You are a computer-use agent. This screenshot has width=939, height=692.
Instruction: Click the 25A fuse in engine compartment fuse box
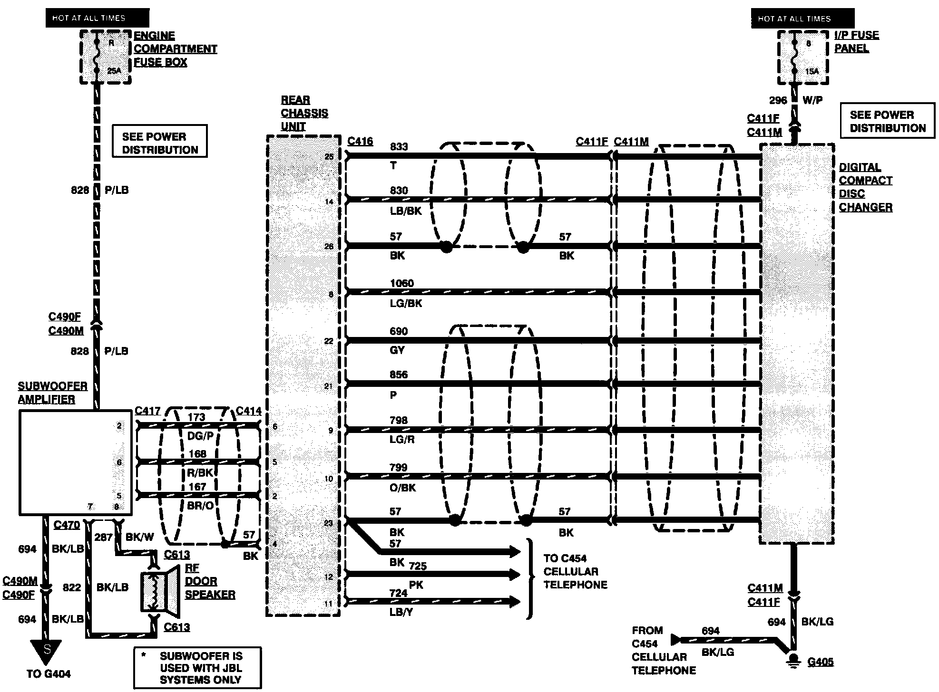pos(97,56)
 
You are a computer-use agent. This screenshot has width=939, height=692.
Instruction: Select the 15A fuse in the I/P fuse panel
pos(794,57)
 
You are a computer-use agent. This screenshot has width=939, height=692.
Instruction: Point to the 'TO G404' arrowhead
pos(46,652)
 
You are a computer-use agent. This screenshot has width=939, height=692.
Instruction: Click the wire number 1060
pos(401,283)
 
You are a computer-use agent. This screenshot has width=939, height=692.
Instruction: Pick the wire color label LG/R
pos(402,440)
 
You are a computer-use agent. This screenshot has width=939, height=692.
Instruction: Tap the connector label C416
pos(360,141)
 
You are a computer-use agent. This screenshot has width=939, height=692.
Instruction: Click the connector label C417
pos(147,411)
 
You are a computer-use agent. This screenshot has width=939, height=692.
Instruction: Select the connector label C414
pos(248,411)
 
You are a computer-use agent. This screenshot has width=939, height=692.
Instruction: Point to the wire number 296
pos(778,100)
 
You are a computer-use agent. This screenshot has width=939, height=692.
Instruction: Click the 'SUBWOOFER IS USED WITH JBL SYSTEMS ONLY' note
pos(198,667)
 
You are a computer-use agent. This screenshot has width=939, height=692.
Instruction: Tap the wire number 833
pos(399,146)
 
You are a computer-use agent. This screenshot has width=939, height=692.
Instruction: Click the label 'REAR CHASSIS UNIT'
pos(304,113)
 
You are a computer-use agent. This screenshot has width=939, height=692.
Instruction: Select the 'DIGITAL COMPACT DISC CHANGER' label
pos(865,187)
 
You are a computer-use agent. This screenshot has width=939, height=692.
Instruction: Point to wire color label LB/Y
pos(401,612)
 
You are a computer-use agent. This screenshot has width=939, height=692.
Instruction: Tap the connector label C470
pos(67,525)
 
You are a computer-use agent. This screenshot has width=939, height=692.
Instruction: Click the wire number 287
pos(103,537)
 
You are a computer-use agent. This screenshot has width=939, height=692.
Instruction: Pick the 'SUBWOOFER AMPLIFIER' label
pos(52,393)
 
